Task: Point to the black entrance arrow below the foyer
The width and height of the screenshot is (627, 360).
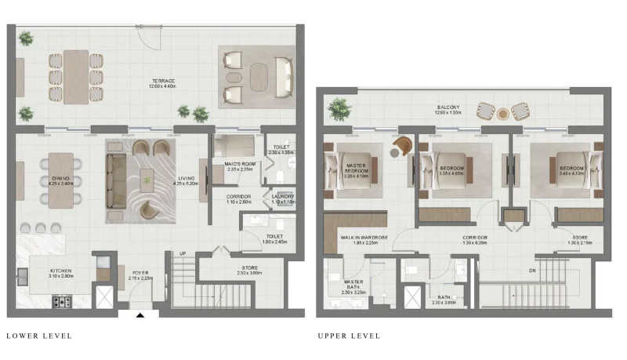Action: point(140,316)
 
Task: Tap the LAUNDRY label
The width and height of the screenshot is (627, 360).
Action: point(283,196)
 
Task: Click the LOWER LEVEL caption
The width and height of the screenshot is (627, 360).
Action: point(39,336)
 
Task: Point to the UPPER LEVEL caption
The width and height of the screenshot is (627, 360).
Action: point(349,336)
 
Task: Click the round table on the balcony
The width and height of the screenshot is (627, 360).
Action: point(502,115)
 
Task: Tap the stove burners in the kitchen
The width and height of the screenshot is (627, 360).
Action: point(61,300)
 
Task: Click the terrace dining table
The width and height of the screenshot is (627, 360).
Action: point(77,78)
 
